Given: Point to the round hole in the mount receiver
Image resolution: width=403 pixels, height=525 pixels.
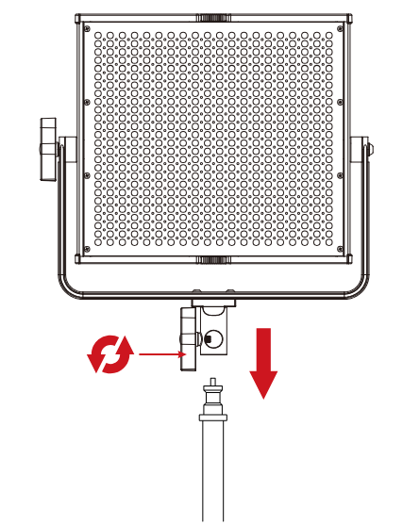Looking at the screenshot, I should point(213,339).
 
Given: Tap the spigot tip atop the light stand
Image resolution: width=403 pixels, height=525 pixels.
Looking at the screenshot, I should point(212,385).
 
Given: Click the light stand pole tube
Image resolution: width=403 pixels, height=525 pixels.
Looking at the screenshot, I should point(212,471).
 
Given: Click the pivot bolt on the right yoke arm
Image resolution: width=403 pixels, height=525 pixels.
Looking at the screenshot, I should point(367,148).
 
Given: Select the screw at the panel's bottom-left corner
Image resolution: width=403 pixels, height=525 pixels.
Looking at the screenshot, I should point(88,249).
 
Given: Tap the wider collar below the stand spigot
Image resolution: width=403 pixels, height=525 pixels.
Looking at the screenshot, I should point(212,415).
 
